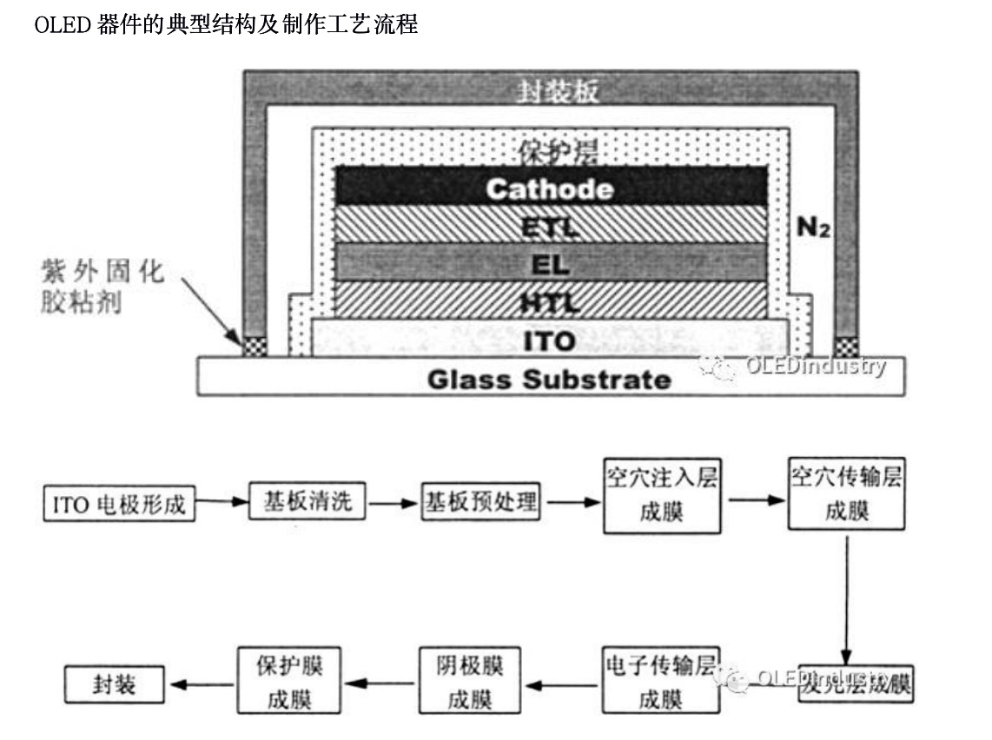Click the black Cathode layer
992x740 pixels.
tap(549, 188)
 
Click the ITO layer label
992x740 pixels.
tap(549, 340)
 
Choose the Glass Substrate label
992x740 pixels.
tap(549, 379)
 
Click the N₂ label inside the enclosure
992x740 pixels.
tap(814, 228)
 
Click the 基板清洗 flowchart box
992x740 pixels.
tap(308, 501)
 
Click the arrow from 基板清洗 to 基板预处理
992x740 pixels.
tap(393, 503)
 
